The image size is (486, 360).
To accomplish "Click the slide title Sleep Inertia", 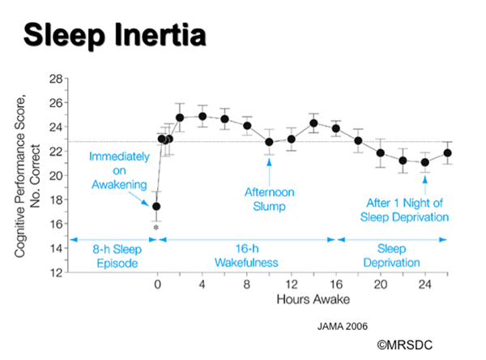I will (x=114, y=36).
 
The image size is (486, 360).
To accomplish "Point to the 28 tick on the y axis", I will (x=57, y=79).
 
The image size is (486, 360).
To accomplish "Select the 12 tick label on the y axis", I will (x=57, y=272).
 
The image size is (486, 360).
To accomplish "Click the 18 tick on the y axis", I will (x=57, y=199).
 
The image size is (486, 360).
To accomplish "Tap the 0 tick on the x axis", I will (x=157, y=285).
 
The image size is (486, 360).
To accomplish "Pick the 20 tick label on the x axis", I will (x=381, y=285).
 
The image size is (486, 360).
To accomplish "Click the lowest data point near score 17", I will (x=156, y=207).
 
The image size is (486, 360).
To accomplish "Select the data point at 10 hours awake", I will (x=269, y=142).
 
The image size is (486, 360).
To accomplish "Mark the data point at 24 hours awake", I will (x=425, y=162).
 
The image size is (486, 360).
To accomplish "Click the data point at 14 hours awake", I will (x=313, y=123).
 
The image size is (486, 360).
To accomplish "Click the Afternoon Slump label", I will (x=269, y=199).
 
